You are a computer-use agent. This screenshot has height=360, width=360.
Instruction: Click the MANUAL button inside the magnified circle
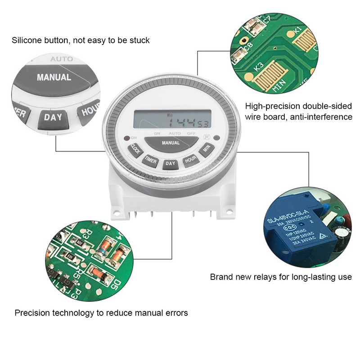point(54,77)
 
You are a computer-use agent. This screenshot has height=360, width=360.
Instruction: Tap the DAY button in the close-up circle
point(53,118)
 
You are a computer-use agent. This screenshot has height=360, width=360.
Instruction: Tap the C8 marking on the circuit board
point(249,45)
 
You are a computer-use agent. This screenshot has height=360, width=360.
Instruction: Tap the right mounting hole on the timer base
point(229,211)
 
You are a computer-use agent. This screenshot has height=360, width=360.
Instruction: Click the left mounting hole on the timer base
point(116,211)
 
